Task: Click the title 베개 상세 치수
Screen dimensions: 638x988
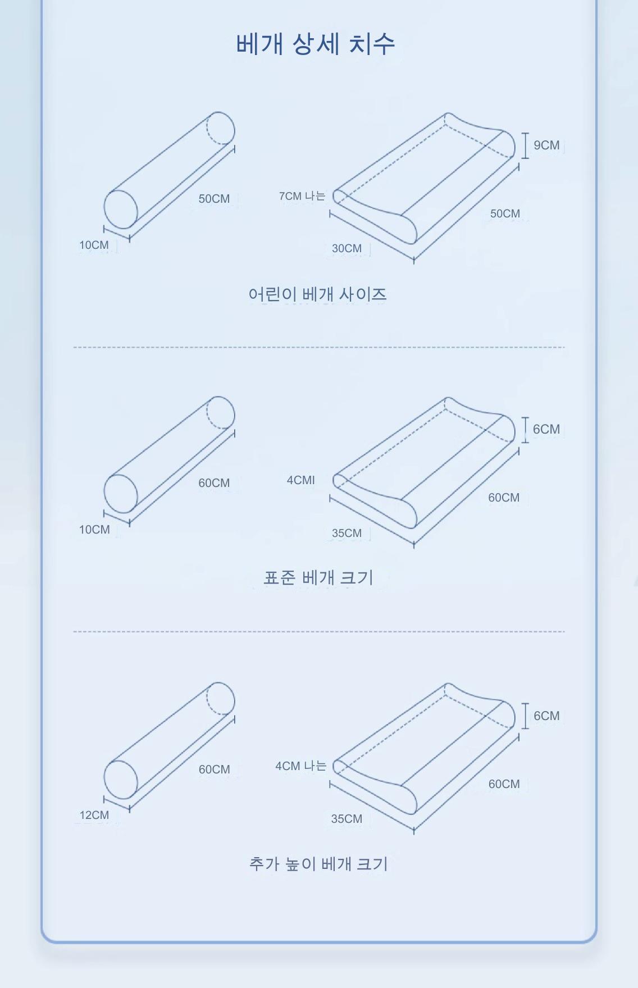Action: (x=316, y=43)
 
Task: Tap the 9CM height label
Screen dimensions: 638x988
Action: (x=546, y=145)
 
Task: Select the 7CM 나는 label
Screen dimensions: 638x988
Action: (x=302, y=196)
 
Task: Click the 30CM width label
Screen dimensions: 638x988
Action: (x=347, y=248)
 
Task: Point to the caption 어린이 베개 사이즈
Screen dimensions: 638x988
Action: (x=318, y=294)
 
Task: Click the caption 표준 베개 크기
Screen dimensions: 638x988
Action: (x=318, y=577)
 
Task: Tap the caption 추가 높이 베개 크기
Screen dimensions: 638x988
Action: (x=318, y=863)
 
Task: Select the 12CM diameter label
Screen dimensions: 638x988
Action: (x=94, y=815)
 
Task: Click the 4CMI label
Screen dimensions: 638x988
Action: (x=301, y=480)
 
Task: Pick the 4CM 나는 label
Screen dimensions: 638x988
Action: (x=301, y=766)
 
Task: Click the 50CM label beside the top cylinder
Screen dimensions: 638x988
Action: (x=214, y=199)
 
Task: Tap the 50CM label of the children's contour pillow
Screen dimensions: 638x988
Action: (x=505, y=213)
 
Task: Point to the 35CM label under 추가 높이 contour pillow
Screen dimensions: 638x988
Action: (x=347, y=819)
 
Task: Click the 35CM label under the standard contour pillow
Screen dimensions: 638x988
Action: (x=347, y=533)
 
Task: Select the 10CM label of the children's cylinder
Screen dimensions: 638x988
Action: (x=94, y=245)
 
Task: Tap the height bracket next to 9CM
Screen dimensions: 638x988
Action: (x=525, y=145)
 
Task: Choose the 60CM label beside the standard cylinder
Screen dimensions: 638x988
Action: (x=214, y=483)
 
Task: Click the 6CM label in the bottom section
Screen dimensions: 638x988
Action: (x=546, y=716)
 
